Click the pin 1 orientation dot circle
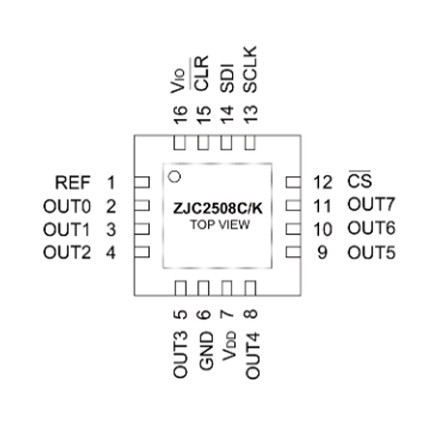(174, 176)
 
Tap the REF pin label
(73, 183)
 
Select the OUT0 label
(67, 206)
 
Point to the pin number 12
(323, 182)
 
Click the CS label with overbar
(360, 180)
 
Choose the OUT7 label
(371, 204)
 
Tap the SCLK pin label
(250, 69)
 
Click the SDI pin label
(227, 78)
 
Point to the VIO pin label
(178, 81)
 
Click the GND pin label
(206, 351)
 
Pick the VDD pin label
(229, 346)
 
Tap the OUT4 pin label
(252, 356)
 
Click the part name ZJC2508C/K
(218, 209)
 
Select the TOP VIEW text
(220, 225)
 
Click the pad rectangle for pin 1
(142, 182)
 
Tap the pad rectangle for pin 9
(293, 252)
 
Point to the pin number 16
(181, 115)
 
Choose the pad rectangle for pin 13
(250, 142)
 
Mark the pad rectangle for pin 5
(181, 288)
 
